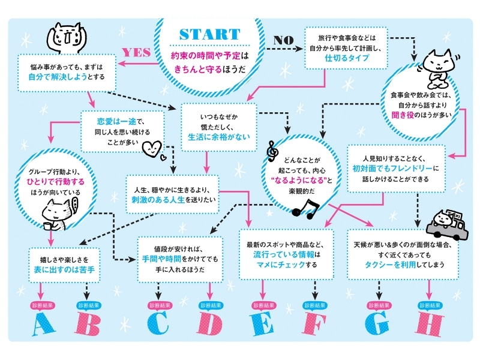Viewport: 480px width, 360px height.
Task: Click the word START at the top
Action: (209, 34)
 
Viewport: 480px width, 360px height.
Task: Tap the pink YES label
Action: (136, 52)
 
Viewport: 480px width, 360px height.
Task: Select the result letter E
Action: (262, 324)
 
